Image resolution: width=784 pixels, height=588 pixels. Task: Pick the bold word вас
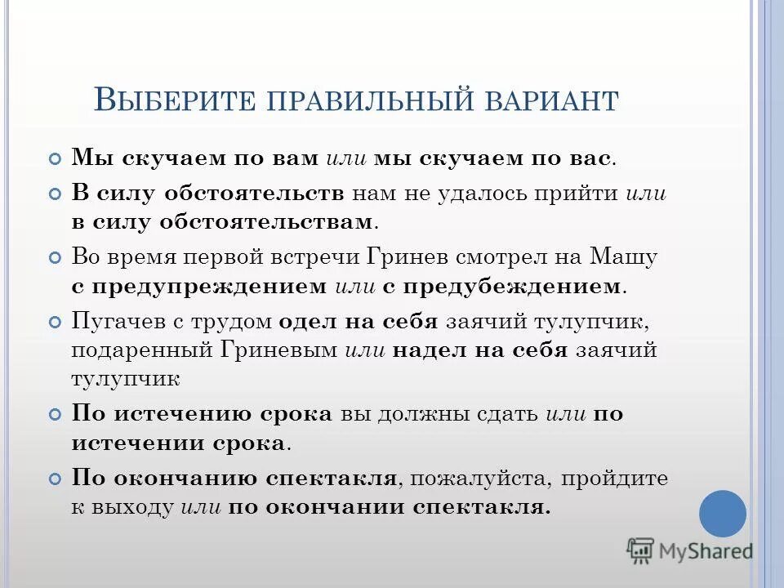point(588,158)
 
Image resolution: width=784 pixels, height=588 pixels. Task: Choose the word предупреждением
point(212,287)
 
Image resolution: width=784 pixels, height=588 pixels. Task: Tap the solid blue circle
point(723,514)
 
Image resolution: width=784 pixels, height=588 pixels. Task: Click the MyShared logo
point(689,551)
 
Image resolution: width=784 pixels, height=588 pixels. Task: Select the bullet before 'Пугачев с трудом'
point(55,322)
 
